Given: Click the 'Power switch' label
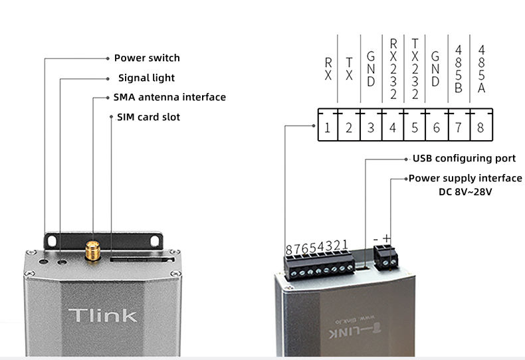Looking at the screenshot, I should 147,58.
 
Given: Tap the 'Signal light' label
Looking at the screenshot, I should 146,78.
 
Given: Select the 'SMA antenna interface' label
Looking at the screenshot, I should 169,98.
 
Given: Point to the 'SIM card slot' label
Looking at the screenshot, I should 148,118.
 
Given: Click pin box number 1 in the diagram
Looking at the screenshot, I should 328,126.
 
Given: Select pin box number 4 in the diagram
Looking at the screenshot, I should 393,126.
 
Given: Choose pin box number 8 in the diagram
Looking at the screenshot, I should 480,126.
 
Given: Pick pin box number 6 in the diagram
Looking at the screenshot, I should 436,126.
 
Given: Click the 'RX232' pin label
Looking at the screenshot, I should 393,69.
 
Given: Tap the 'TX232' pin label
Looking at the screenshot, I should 415,69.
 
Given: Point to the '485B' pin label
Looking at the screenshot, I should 459,69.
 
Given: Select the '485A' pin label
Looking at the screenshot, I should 480,69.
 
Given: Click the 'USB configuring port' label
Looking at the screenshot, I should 464,159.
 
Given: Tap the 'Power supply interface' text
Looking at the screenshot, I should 465,179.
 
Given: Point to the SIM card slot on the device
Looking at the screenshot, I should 142,256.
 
